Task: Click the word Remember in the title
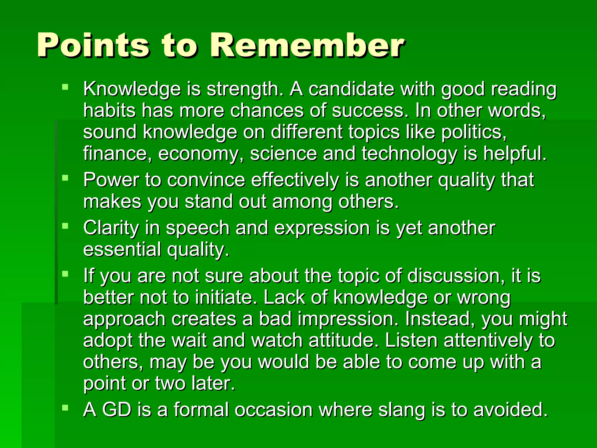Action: click(x=308, y=45)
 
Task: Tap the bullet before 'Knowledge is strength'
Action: click(x=65, y=87)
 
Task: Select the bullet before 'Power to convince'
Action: click(x=65, y=178)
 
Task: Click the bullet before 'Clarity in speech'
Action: click(x=65, y=226)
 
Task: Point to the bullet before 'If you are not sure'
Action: click(x=65, y=274)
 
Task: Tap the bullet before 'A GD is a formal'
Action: click(x=65, y=407)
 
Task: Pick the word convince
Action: click(x=206, y=180)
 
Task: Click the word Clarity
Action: click(x=111, y=228)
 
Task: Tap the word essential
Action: click(x=122, y=249)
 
